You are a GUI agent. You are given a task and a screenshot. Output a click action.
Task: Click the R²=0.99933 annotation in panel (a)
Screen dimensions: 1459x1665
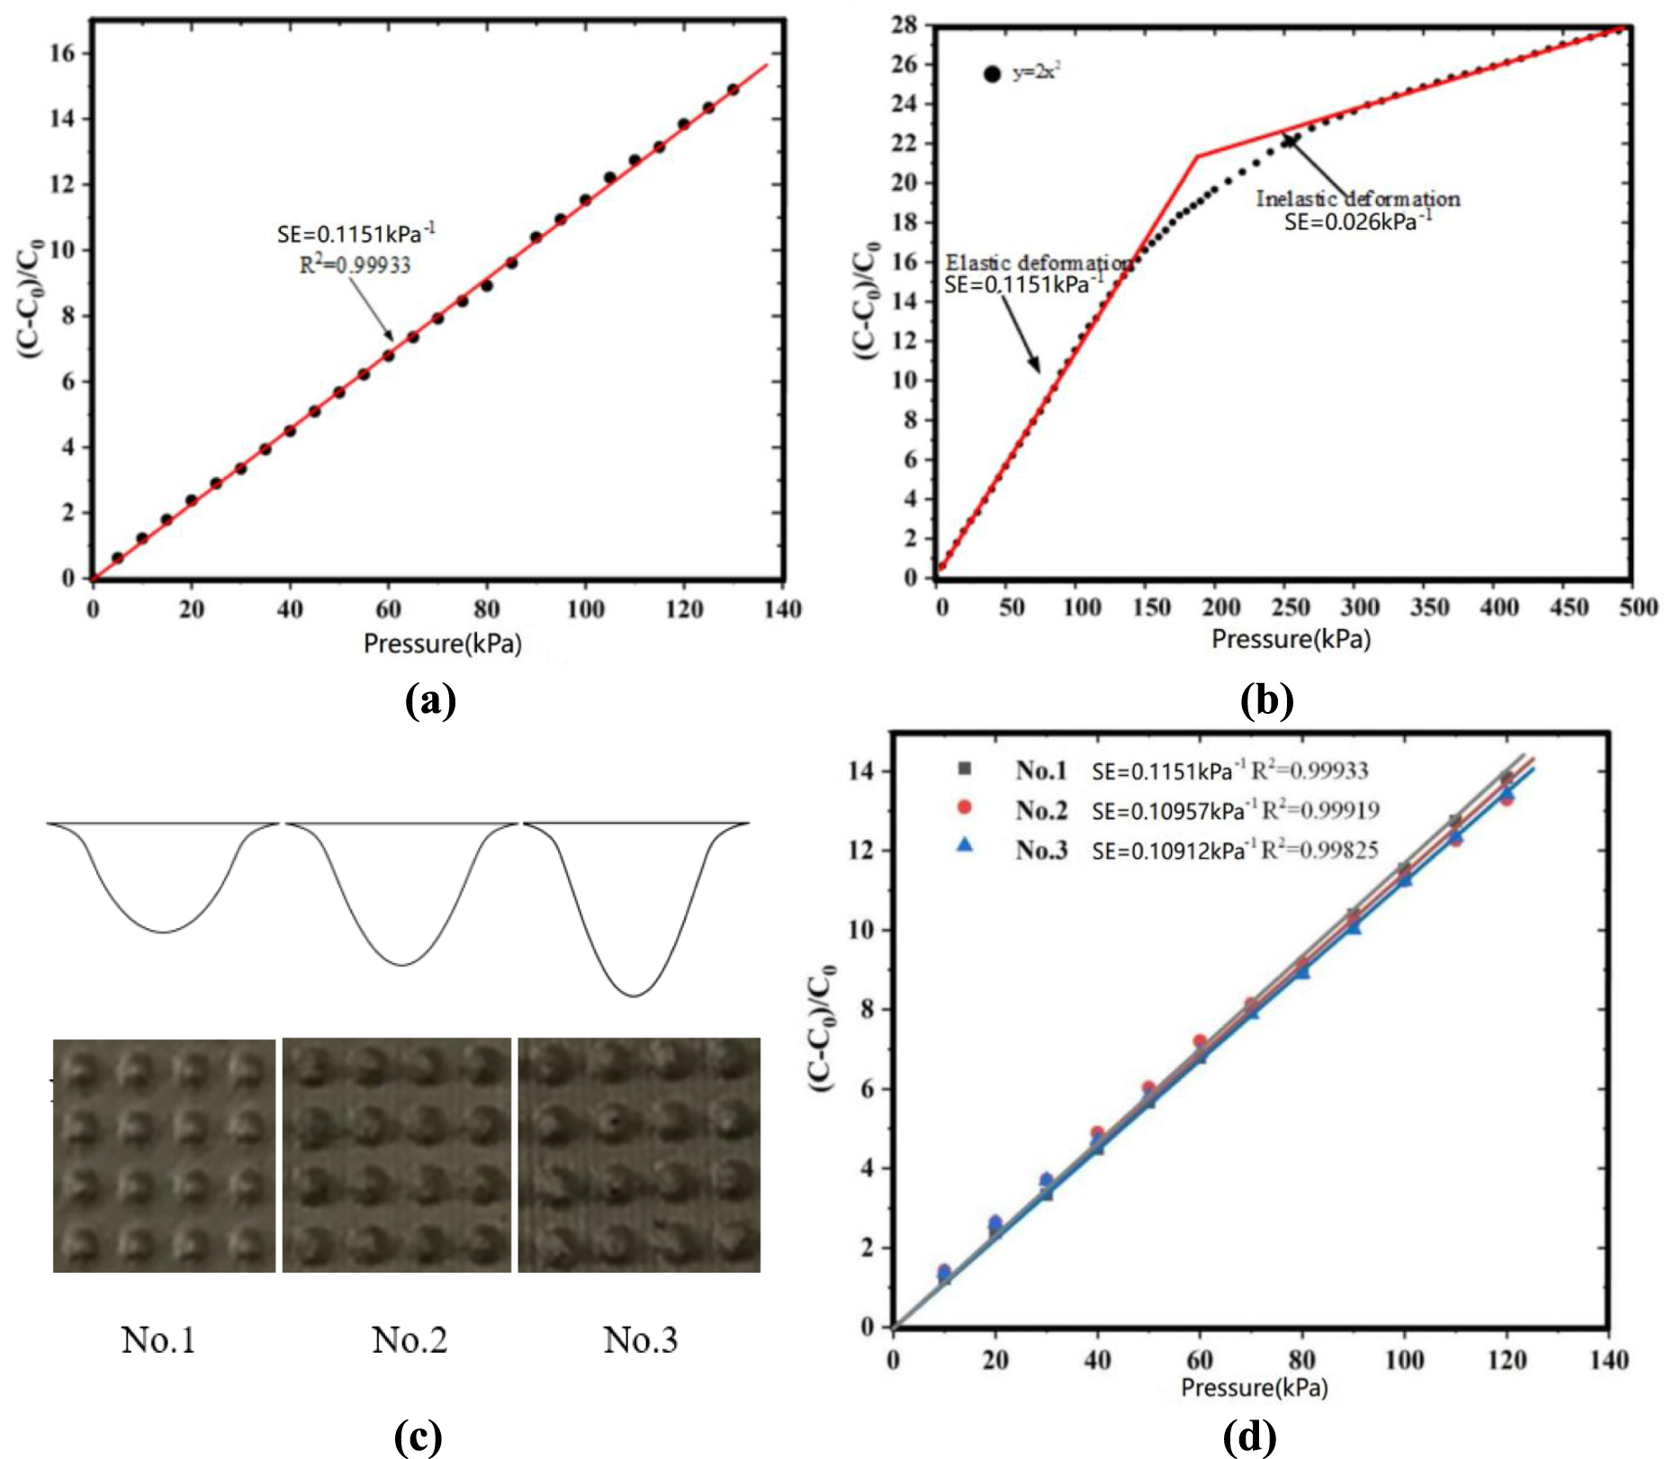(355, 265)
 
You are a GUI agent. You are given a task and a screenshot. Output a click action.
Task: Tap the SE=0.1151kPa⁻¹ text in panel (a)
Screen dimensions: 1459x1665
(355, 234)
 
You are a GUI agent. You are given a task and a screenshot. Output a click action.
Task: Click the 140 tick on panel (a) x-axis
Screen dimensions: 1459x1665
(781, 609)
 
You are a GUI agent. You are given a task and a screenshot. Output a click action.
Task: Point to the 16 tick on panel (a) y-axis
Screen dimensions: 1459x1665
(62, 53)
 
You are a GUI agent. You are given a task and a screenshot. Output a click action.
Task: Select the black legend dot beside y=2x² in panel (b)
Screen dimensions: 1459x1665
(992, 75)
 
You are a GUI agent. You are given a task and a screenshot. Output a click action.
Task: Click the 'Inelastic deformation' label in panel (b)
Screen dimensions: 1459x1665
(1357, 199)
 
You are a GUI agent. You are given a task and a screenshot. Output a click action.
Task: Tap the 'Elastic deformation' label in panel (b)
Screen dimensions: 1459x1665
(1038, 263)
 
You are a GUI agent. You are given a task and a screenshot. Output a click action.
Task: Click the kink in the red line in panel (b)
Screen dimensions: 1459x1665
(1197, 157)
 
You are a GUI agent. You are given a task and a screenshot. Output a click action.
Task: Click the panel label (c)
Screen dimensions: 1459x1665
(418, 1436)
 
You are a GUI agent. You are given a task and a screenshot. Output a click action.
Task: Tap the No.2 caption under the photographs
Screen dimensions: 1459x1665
(409, 1339)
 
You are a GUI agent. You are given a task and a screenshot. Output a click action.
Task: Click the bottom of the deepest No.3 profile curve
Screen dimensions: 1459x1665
(634, 995)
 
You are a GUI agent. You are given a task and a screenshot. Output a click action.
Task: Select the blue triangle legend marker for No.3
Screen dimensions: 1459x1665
(965, 845)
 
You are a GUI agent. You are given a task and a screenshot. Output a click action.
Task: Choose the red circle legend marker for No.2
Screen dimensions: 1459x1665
(965, 807)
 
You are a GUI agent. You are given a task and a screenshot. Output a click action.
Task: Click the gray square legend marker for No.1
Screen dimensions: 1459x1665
(965, 769)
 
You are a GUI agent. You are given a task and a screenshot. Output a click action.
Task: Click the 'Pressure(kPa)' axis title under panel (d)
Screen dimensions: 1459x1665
(1254, 1387)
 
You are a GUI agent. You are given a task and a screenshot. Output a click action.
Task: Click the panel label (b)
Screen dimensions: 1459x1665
(1265, 699)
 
